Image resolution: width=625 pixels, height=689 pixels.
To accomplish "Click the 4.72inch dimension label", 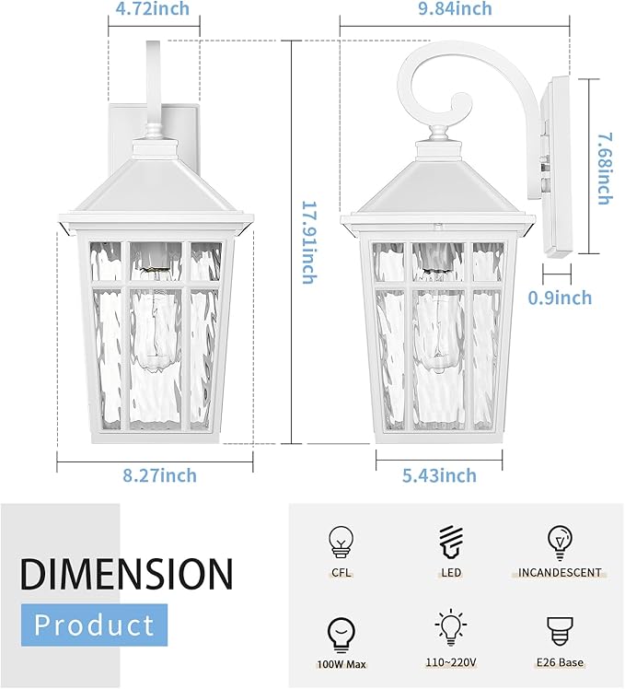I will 154,9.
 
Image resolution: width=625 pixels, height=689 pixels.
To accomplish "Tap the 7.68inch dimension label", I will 603,169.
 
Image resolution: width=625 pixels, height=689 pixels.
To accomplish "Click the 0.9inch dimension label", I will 560,298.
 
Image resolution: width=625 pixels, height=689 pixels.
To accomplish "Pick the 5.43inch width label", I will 438,475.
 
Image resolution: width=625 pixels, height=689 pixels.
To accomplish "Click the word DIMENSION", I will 126,573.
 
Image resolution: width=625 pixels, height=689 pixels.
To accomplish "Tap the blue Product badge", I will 95,625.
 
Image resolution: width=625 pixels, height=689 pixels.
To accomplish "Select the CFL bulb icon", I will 341,541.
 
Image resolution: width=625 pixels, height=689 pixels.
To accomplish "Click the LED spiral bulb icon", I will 450,541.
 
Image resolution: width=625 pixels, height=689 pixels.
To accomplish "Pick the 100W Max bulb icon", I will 341,631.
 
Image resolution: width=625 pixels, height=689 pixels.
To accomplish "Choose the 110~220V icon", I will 450,628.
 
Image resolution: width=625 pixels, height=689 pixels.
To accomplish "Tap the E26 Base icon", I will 560,631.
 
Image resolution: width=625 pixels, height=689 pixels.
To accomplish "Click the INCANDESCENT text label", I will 560,573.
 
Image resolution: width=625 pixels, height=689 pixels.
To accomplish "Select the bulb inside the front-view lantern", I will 154,313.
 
